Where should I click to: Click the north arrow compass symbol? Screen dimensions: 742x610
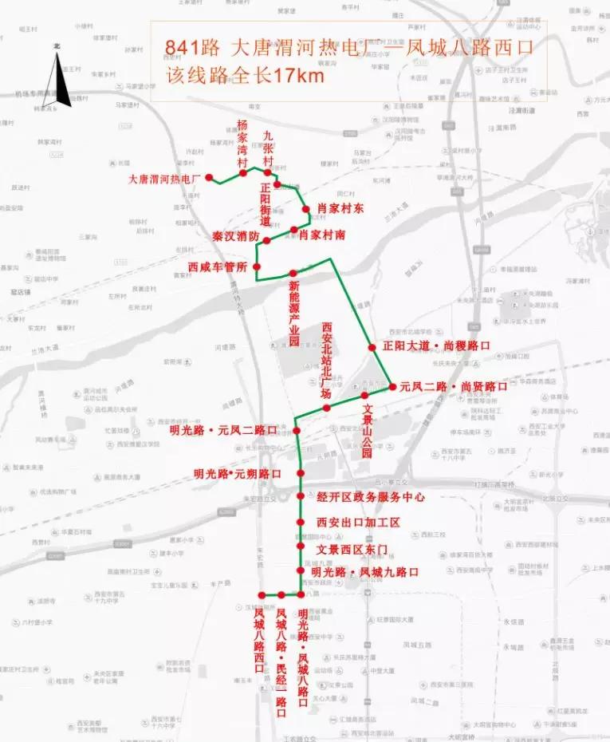(57, 76)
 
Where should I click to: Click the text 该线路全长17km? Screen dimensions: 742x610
(246, 77)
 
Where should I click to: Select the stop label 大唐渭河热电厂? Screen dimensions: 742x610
(163, 180)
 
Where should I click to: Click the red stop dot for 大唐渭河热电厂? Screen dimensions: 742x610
(209, 178)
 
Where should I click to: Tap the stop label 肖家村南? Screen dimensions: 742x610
(327, 235)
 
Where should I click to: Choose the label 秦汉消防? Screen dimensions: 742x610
(235, 237)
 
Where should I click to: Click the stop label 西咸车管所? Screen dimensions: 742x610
(218, 266)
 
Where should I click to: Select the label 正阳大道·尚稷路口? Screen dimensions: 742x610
(436, 346)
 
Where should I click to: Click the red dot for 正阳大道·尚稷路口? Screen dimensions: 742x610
(372, 346)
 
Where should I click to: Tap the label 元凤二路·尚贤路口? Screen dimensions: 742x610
(453, 386)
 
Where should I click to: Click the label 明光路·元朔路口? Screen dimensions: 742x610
(238, 473)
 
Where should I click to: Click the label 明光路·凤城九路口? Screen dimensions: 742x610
(364, 572)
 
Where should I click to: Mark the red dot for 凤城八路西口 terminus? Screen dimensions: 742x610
(261, 595)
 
